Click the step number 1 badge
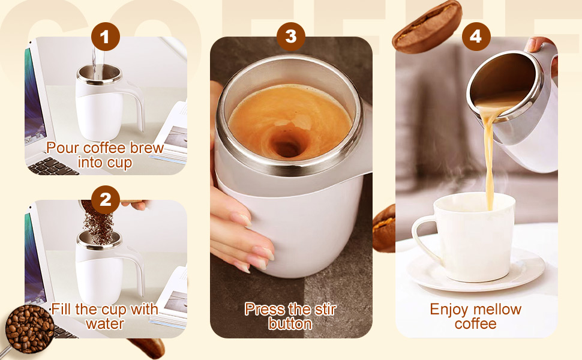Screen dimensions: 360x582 click(x=105, y=38)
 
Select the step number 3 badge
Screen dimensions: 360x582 click(x=291, y=37)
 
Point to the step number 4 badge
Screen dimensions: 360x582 click(x=475, y=37)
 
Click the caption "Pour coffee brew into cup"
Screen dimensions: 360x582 click(x=105, y=155)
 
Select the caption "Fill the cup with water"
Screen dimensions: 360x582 click(x=105, y=316)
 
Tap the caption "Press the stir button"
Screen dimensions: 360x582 click(x=290, y=316)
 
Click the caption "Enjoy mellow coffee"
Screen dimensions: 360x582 click(x=475, y=316)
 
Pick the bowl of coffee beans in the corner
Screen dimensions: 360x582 click(x=29, y=328)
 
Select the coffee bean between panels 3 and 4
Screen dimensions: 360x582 click(x=384, y=228)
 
